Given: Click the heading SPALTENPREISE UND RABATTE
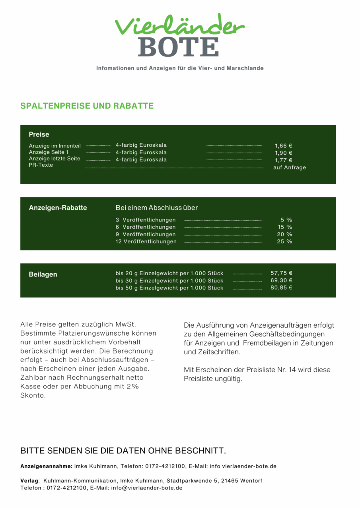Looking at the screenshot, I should coord(87,106).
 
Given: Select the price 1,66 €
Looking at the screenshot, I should coord(284,146).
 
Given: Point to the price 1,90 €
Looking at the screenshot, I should coord(284,153).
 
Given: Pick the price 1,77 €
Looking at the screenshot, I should coord(284,160).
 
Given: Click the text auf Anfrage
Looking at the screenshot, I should coord(290,167).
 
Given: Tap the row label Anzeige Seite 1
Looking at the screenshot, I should coord(49,152).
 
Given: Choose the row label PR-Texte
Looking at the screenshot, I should coord(41,165).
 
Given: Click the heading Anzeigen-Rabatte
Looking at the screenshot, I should coord(58,208).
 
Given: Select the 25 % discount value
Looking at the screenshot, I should coord(284,241).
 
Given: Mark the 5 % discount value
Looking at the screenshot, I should coord(286,220).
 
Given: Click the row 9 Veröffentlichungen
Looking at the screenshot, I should coord(146,234).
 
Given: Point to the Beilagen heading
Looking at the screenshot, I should coord(43,274).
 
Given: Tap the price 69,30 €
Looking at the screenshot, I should coord(282,280).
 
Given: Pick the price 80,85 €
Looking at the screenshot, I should coord(282,288).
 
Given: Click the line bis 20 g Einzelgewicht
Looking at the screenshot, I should coord(169,273).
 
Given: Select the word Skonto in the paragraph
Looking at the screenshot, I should coord(33,396).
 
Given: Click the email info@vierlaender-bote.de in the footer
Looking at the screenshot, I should coord(147,488).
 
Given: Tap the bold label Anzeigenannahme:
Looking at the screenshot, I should coord(46,466).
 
